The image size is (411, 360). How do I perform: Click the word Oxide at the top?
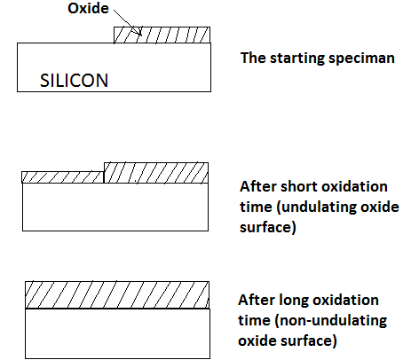tap(88, 8)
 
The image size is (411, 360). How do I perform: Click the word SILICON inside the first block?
tap(75, 81)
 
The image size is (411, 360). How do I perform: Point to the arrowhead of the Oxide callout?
tap(140, 34)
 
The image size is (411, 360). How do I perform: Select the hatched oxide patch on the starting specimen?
tap(162, 35)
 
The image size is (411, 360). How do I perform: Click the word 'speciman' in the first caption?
tap(361, 59)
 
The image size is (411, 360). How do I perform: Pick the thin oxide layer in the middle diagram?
tap(63, 177)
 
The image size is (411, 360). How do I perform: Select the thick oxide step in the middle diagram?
tap(156, 173)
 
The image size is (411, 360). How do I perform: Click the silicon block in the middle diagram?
tap(115, 207)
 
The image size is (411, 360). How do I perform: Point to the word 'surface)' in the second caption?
tap(268, 228)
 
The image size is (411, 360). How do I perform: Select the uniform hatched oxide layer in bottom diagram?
tap(117, 295)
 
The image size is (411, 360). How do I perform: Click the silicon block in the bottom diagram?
tap(117, 333)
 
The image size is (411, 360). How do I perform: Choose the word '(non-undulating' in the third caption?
tap(331, 321)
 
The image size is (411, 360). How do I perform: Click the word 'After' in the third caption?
tap(257, 300)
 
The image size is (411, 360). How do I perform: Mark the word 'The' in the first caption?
tap(253, 58)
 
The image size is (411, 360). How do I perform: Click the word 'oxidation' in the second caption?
tap(354, 187)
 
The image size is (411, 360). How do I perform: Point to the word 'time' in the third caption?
tap(255, 320)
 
